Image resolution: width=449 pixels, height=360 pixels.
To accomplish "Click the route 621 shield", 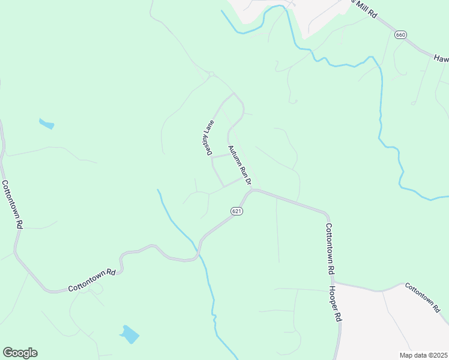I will [237, 212].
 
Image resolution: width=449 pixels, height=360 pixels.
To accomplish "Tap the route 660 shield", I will [400, 35].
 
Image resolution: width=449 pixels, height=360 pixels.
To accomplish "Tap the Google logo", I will [20, 353].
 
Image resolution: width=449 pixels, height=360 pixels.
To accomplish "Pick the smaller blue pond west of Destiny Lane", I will [46, 124].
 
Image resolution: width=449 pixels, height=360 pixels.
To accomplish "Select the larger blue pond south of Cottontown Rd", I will [129, 334].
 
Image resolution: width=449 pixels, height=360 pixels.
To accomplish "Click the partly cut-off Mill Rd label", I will [366, 9].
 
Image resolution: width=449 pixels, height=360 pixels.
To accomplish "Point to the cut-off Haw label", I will [441, 58].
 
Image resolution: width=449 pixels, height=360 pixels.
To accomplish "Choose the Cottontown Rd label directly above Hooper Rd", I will [330, 249].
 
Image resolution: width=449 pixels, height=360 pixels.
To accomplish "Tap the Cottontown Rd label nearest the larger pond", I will [91, 280].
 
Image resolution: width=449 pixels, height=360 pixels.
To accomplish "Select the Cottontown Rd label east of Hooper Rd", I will [426, 295].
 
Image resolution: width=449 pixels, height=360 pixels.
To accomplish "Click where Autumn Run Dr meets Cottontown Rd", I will [252, 190].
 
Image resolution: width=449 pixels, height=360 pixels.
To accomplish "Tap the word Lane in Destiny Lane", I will [208, 128].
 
